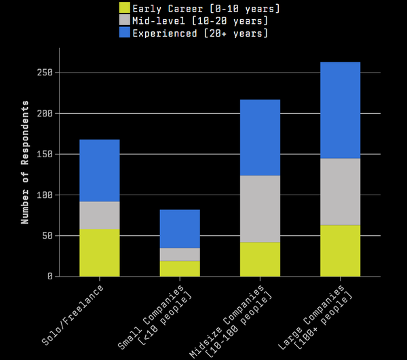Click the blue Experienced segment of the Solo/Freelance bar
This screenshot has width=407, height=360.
coord(100,170)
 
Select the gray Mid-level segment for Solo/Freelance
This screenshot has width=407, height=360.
coord(100,216)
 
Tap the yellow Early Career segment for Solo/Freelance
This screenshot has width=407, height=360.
coord(100,253)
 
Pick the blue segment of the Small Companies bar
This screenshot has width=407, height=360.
coord(180,228)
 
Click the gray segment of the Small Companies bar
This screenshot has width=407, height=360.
coord(180,254)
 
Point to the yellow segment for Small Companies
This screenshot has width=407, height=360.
coord(180,268)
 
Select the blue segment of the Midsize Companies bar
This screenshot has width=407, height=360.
coord(260,138)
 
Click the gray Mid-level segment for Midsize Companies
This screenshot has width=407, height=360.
coord(260,209)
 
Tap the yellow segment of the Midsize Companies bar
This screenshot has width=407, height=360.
coord(260,260)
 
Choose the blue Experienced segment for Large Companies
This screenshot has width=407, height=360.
coord(341,111)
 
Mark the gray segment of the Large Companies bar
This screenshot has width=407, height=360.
coord(341,192)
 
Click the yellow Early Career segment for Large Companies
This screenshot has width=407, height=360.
coord(341,251)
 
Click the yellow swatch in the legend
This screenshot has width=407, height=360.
coord(125,7)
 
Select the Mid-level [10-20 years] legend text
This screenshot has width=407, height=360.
coord(200,21)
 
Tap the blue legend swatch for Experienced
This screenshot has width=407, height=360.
coord(125,33)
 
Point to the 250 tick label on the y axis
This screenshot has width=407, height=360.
coord(45,73)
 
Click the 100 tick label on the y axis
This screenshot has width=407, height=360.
coord(45,195)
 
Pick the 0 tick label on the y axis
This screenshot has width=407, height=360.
coord(50,277)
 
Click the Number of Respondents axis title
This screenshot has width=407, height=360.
coord(25,162)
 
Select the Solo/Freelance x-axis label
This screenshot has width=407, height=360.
coord(73,315)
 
